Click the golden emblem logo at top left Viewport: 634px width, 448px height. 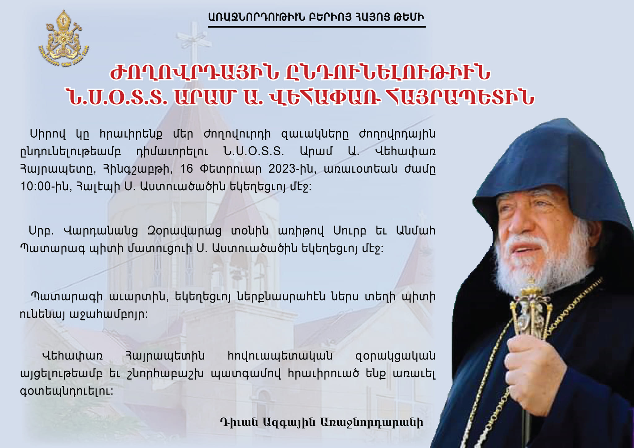pyautogui.click(x=63, y=39)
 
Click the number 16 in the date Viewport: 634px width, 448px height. pyautogui.click(x=186, y=169)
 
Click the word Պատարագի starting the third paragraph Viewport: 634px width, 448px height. pyautogui.click(x=67, y=297)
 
